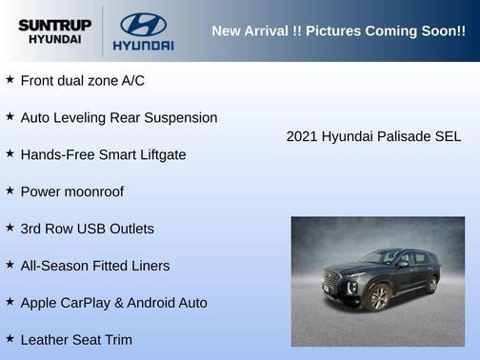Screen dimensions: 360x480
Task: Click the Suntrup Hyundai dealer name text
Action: point(53,31)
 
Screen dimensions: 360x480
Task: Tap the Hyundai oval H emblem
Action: point(143,24)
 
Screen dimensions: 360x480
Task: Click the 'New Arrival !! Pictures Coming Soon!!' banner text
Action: point(338,31)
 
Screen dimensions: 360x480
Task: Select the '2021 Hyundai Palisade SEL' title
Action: point(373,137)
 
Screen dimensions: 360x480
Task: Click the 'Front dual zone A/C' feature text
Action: point(82,81)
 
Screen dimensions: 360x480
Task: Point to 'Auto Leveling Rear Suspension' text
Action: point(118,118)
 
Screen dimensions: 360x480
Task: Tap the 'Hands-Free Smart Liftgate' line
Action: point(103,154)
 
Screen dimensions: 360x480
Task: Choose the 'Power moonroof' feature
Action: point(71,191)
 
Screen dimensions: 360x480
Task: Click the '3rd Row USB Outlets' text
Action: point(87,229)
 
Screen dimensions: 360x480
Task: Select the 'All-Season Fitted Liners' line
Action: point(94,266)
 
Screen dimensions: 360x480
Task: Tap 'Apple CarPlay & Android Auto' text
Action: point(113,303)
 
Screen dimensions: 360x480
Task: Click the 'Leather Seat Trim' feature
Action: point(76,339)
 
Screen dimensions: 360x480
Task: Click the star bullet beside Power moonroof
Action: point(10,190)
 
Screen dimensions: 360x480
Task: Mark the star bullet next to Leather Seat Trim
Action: point(10,338)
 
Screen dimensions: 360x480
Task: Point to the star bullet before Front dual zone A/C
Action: point(10,80)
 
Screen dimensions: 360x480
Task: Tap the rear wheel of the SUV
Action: point(432,284)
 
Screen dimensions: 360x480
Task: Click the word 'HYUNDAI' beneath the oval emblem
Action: point(143,45)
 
